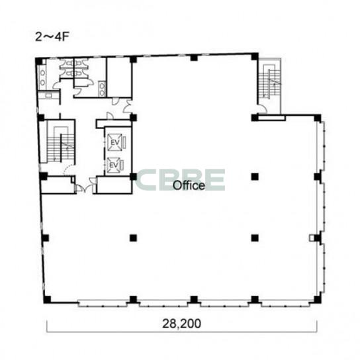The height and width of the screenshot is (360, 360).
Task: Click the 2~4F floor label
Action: tap(52, 37)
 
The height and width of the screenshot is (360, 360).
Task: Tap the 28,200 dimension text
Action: tap(181, 324)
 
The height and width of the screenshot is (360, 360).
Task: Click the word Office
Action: tap(189, 185)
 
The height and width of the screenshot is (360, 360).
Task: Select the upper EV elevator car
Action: tap(114, 142)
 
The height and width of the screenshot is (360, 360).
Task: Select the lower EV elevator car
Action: tap(114, 165)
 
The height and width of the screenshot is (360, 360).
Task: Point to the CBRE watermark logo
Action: tap(180, 180)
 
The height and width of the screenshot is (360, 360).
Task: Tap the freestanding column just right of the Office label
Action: tap(255, 177)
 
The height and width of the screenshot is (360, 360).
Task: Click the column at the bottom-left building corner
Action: tap(47, 299)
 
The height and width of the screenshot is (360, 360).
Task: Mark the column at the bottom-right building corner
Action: tap(317, 299)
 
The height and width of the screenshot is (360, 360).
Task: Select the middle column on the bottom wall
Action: tap(194, 299)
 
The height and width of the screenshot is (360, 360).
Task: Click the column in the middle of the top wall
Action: tap(194, 58)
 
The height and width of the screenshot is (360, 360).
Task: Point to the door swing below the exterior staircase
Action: tap(262, 109)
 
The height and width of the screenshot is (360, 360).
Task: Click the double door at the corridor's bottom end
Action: tap(85, 188)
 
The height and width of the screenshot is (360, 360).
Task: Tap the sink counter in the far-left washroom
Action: tap(42, 77)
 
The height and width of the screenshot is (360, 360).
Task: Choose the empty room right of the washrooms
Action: tap(119, 77)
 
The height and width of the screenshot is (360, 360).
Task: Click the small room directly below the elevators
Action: tap(114, 185)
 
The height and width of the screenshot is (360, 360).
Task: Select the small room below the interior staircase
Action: tap(58, 185)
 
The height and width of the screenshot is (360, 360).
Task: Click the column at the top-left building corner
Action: tap(39, 61)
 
